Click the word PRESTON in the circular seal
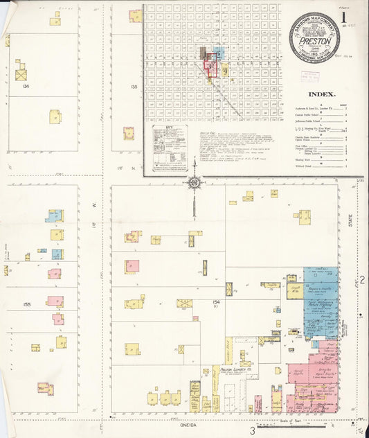coord(314,41)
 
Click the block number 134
coord(26,86)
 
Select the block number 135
coord(133,87)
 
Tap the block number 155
coord(26,304)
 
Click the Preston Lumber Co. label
coord(233,369)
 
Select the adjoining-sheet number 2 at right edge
coord(361,279)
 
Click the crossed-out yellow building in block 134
coord(21,73)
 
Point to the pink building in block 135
coord(129,132)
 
